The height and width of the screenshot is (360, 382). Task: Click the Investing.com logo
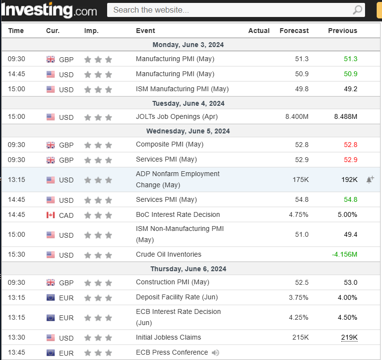49,9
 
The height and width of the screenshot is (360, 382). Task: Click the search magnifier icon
357,10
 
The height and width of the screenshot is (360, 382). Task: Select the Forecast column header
294,31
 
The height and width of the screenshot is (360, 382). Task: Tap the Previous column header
342,31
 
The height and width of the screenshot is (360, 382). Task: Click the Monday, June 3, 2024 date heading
188,45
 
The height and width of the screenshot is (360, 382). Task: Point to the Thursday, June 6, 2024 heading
188,269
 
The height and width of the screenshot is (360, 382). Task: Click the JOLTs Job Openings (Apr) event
176,117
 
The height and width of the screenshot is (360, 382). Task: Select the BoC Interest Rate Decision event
177,215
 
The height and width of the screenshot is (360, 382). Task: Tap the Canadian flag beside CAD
51,215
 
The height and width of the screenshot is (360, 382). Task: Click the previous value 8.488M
345,117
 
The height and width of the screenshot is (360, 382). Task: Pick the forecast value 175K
301,180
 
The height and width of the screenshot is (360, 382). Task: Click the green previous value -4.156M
344,255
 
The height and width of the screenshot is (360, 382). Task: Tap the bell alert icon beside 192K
370,180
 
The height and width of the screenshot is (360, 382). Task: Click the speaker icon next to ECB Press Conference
216,353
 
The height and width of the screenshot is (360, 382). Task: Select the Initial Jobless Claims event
168,338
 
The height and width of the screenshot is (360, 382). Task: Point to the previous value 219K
349,338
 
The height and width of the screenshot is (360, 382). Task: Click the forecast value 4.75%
299,215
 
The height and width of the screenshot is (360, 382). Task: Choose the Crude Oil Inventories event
168,255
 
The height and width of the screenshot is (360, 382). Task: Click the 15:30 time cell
16,255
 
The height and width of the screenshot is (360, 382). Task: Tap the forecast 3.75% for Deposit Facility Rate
299,297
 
